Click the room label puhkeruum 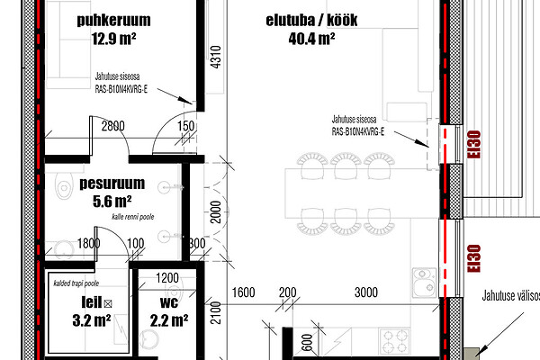coord(113,21)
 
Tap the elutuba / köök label coord(311,21)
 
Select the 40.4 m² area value coord(311,38)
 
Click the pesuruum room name coord(112,184)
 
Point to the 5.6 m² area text coord(112,202)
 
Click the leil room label coord(91,302)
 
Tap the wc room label coord(169,302)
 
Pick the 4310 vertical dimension coord(216,58)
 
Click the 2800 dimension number coord(113,126)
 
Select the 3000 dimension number coord(366,292)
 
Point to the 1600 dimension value coord(243,292)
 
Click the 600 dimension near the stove coord(307,342)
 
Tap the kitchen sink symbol coord(425,283)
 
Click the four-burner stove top coord(394,341)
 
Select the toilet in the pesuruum coord(64,186)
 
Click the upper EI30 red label coord(474,144)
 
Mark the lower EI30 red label coord(474,258)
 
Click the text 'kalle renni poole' coord(133,217)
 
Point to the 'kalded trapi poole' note coord(76,283)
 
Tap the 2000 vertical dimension coord(216,212)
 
